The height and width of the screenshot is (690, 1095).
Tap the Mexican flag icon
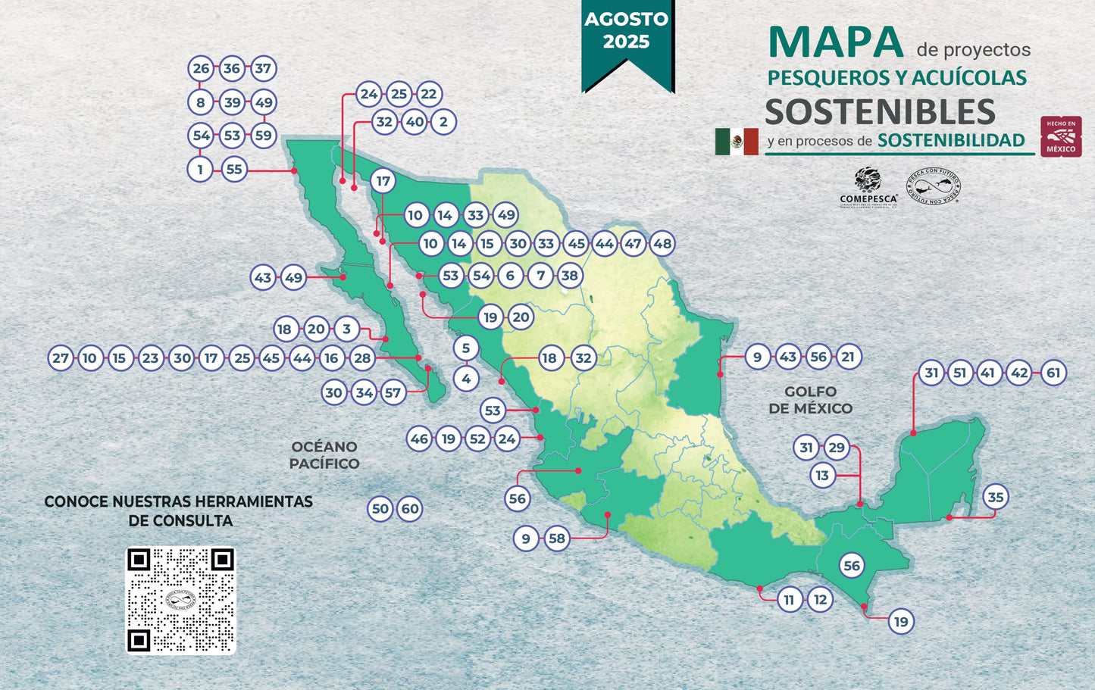pos(737,142)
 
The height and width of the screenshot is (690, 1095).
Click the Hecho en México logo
pos(1061,136)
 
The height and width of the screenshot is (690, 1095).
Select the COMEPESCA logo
pos(868,187)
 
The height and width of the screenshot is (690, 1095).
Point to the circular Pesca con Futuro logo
pos(934,187)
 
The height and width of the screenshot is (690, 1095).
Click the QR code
pos(180,600)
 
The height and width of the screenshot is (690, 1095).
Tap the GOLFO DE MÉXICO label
pos(810,400)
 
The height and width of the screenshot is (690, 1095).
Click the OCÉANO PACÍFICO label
pos(324,455)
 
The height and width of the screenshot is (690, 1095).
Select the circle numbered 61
pos(1053,373)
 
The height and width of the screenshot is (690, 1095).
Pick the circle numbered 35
pos(996,498)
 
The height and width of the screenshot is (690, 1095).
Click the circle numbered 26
pos(201,68)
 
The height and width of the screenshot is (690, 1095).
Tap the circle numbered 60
pos(410,509)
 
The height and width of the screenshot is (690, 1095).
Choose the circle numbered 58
pos(557,539)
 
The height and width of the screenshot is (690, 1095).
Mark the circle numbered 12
pos(819,600)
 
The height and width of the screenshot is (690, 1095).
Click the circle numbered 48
pos(662,244)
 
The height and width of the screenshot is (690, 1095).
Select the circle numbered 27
pos(61,358)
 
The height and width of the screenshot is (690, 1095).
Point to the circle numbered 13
pos(822,476)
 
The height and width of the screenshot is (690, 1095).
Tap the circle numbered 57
pos(393,392)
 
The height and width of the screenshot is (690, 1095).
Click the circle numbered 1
pos(201,170)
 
